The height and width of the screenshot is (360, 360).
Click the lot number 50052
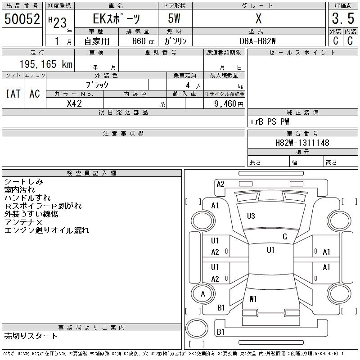click(x=22, y=18)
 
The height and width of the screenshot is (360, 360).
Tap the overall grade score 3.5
click(x=342, y=18)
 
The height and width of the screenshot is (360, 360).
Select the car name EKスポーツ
click(x=116, y=19)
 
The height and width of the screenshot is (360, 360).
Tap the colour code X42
click(x=74, y=103)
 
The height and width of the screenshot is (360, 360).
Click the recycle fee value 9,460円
click(x=229, y=103)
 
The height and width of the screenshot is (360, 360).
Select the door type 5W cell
click(x=175, y=19)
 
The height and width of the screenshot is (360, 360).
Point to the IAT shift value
click(x=13, y=94)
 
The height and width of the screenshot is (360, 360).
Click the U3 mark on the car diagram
click(x=251, y=216)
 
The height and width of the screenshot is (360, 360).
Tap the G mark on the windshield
click(x=284, y=237)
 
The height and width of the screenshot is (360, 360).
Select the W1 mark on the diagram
click(x=253, y=299)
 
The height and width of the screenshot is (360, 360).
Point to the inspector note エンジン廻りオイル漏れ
click(x=46, y=230)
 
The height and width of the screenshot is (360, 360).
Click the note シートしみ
click(x=23, y=182)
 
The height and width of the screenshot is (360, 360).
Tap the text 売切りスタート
click(x=31, y=336)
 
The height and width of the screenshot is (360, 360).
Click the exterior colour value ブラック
click(x=97, y=85)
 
